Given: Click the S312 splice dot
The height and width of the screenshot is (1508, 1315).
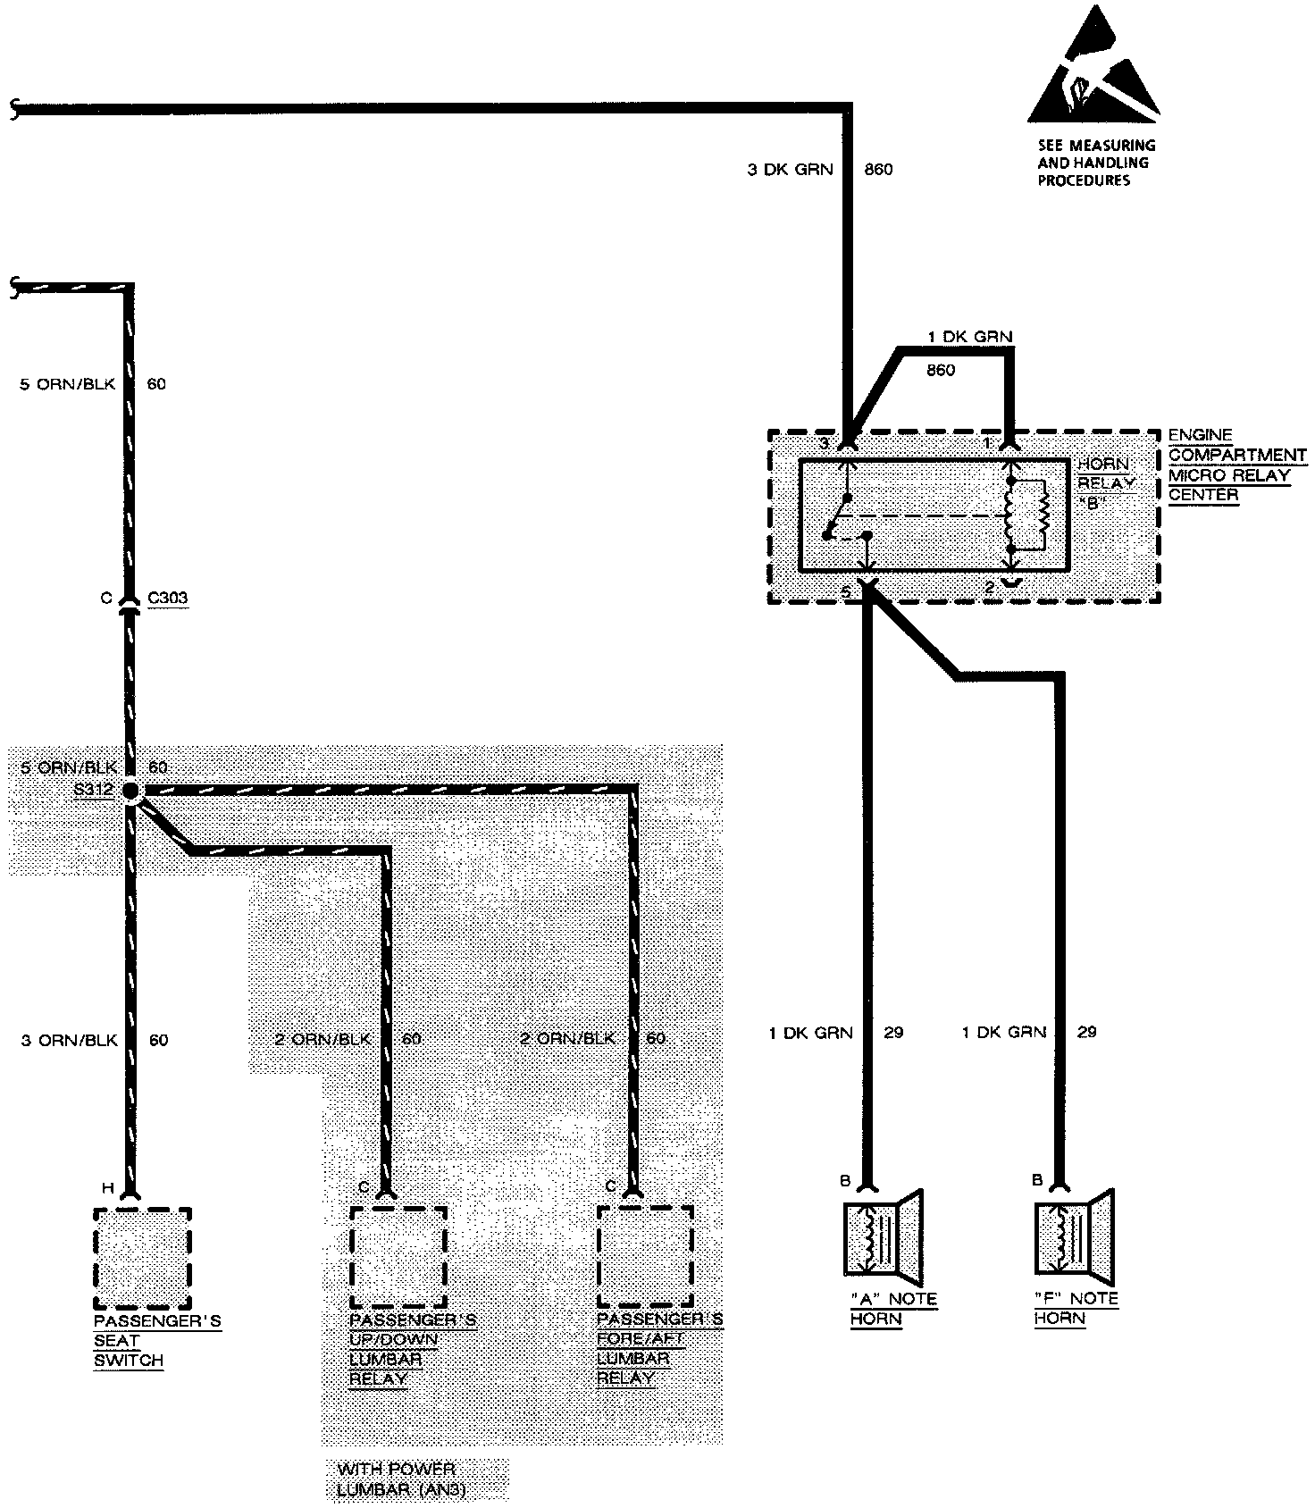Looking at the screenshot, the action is [130, 791].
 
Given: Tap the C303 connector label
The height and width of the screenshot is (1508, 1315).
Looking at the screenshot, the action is [168, 598].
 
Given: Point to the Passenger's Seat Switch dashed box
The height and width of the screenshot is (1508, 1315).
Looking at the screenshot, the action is [142, 1257].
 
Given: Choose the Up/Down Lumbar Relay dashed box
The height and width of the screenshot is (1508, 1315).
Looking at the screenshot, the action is [398, 1257].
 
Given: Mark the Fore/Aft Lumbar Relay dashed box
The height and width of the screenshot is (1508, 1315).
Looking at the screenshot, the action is [645, 1257].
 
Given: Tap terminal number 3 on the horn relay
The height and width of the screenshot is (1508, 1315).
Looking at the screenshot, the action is [825, 443].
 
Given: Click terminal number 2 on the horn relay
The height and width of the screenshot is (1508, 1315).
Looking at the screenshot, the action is [990, 587].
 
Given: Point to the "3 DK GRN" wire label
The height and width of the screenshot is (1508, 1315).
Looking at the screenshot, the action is [790, 169].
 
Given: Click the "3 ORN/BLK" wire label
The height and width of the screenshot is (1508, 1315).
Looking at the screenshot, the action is [70, 1040].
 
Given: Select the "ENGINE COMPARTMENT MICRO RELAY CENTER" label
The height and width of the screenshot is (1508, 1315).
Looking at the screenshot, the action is [1236, 465].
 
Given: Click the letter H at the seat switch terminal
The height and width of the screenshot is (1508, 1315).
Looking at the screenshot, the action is [107, 1187].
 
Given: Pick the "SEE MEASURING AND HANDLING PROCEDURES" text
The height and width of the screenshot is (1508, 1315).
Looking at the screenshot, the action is [1096, 163].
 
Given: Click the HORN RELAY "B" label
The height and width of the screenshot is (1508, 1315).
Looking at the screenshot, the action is [1104, 483].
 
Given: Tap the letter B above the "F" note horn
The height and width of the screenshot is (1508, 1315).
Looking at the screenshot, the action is [1037, 1180].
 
